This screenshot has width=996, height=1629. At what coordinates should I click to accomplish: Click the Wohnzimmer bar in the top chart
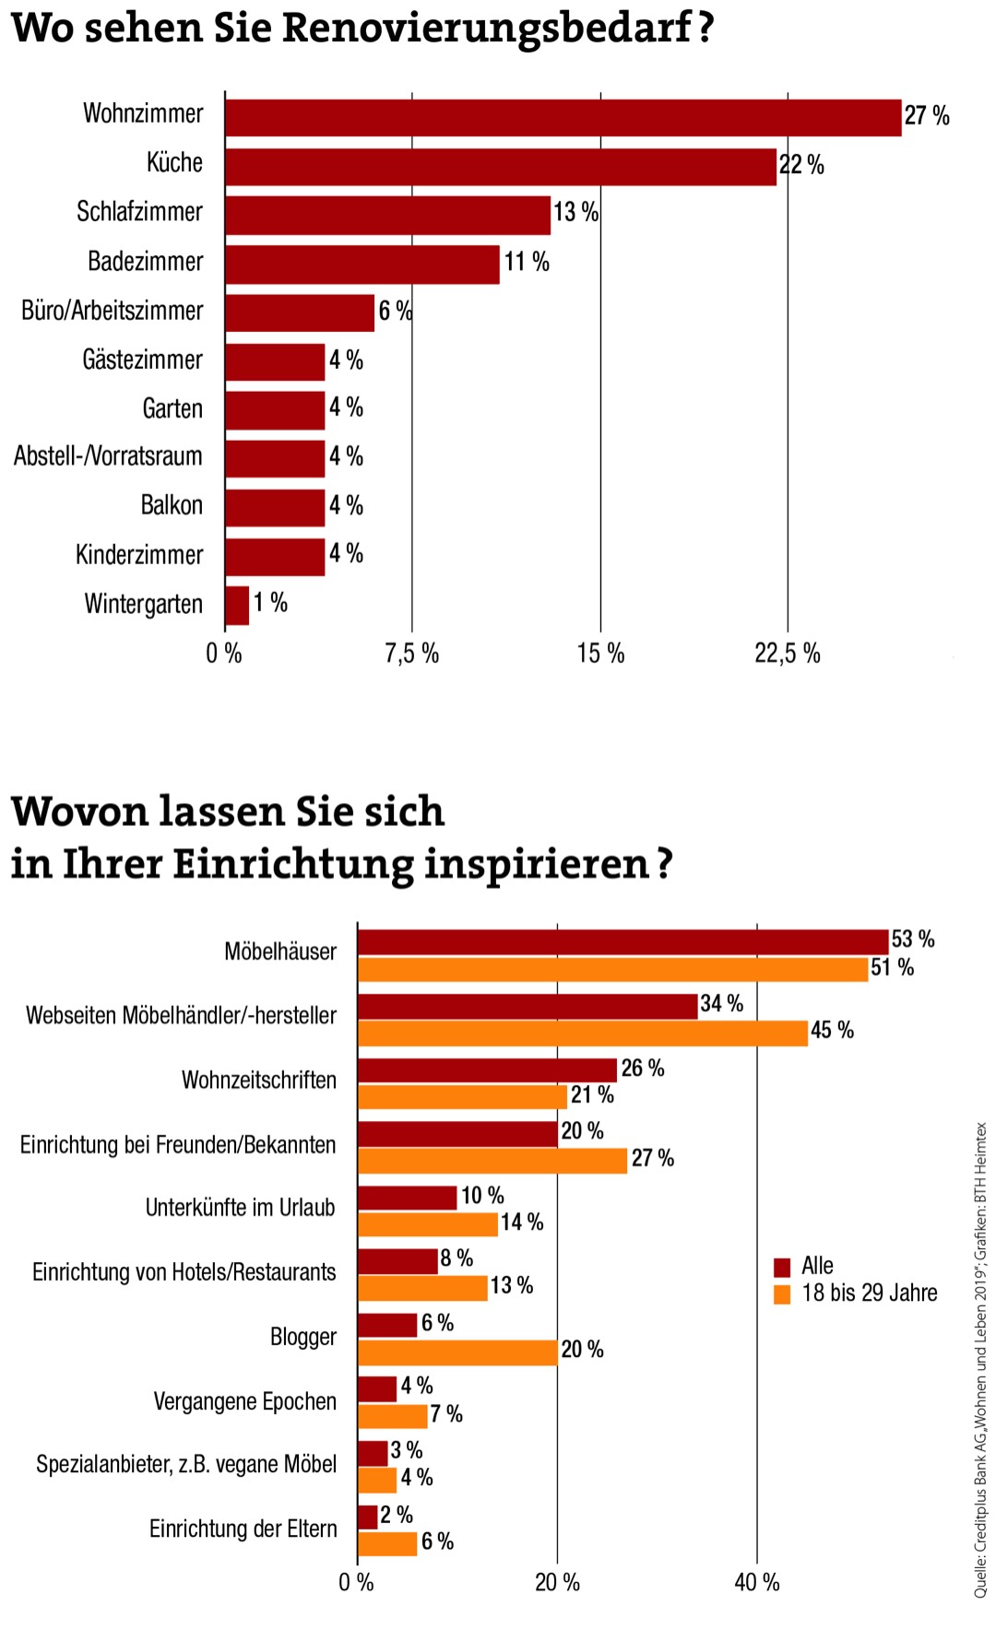click(x=563, y=117)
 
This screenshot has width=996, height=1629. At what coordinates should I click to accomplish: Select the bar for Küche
click(x=501, y=167)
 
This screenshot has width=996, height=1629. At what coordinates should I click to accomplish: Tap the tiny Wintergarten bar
click(x=237, y=606)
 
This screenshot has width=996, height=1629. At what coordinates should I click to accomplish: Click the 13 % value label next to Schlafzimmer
click(x=575, y=213)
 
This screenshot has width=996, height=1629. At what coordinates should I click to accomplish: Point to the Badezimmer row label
click(x=145, y=262)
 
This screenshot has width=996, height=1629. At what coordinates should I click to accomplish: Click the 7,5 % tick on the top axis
click(x=411, y=654)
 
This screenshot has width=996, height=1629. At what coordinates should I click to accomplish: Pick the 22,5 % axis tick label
click(x=787, y=654)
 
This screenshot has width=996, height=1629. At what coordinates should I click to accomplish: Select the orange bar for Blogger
click(x=457, y=1352)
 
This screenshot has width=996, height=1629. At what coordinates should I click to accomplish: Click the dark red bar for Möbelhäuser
click(x=622, y=941)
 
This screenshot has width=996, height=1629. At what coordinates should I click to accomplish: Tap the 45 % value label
click(x=832, y=1031)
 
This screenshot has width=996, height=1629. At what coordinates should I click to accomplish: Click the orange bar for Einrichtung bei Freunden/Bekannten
click(x=492, y=1160)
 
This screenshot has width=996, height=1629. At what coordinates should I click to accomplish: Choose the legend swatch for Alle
click(x=782, y=1267)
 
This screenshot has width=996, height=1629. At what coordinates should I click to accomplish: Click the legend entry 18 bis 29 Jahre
click(x=869, y=1293)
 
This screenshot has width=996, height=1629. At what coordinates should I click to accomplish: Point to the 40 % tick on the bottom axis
click(x=757, y=1583)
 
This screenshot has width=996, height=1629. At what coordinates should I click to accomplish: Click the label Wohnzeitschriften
click(x=259, y=1080)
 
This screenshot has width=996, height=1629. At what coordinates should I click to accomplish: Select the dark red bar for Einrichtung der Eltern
click(x=367, y=1517)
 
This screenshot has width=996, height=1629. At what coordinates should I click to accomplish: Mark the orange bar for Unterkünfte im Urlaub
click(x=427, y=1224)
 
